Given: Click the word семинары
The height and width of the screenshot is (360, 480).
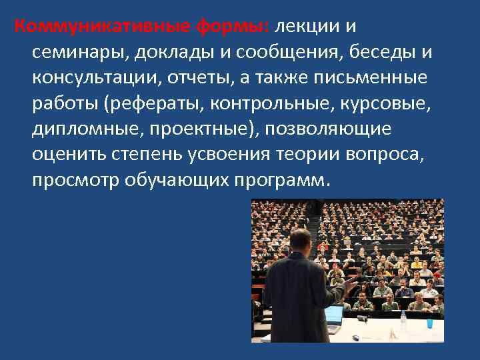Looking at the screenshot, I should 79,51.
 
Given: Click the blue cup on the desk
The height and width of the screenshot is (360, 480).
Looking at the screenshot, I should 430,324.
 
